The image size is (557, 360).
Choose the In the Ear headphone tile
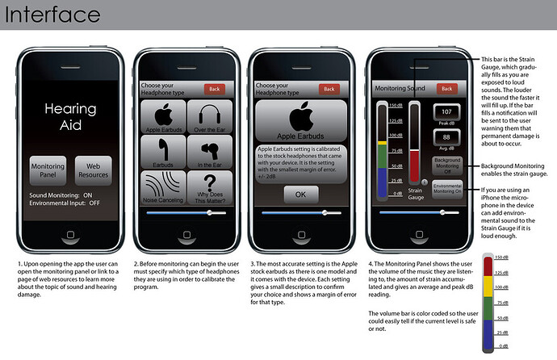click(208, 152)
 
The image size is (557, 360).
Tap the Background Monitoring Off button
click(446, 165)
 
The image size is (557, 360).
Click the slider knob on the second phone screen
click(209, 212)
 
